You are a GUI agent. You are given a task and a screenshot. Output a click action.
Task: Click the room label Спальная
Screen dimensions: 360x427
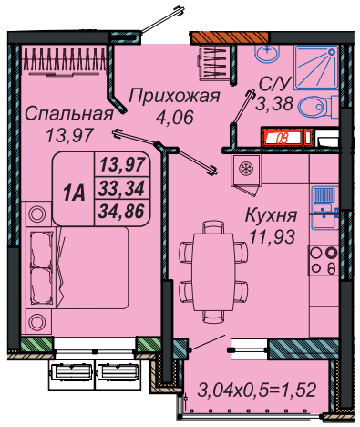pos(69,115)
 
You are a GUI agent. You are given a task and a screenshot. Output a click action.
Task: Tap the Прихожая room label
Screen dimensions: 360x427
pos(174,97)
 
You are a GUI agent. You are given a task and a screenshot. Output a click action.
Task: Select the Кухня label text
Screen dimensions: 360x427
pos(271,215)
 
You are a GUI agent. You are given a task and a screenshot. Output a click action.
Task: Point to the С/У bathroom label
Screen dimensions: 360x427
pos(275,84)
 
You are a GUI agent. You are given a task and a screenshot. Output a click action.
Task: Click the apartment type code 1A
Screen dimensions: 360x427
pos(74,193)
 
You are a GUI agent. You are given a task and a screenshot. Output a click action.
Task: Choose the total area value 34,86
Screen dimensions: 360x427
pos(121,212)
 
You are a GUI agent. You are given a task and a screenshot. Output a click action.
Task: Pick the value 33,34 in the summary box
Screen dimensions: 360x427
pos(121,189)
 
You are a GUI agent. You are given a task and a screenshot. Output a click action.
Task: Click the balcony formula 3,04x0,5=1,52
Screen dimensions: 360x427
pos(257,390)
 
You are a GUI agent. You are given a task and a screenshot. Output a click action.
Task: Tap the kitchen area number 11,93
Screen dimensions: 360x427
pos(272,236)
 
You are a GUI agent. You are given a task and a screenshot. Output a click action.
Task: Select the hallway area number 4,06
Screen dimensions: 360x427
pos(175,117)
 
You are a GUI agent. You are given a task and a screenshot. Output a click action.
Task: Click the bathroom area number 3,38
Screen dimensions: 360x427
pos(274,103)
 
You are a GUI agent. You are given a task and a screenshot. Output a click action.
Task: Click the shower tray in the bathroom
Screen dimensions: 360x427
pos(316,68)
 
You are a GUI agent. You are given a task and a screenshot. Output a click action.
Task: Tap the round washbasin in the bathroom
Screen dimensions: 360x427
pos(266,53)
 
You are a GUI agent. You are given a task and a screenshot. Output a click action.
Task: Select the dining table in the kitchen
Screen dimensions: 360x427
pos(212,272)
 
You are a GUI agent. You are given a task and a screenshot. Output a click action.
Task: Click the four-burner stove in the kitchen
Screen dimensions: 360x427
pos(324,261)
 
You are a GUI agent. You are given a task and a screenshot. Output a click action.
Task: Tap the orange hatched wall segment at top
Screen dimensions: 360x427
pos(230,37)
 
